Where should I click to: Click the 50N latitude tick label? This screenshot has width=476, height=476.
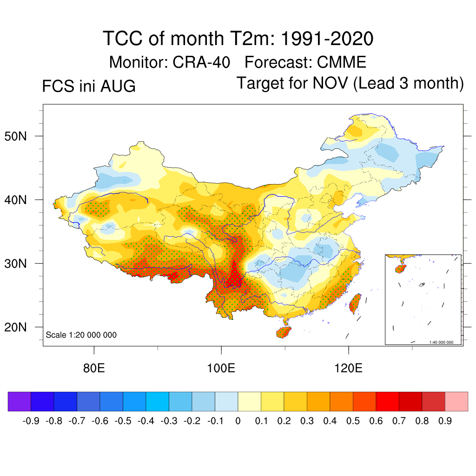pos(15,136)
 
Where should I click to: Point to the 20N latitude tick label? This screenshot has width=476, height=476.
pos(15,327)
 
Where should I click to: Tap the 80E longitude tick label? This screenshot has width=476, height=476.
pos(94,368)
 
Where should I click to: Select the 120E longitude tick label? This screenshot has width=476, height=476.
pos(348,368)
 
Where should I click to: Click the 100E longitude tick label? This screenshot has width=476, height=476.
pos(221,368)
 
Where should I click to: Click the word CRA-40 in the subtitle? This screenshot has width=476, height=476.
pos(201,62)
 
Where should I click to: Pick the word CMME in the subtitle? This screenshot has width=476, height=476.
pos(342,62)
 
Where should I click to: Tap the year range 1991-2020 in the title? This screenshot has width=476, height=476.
pos(327,39)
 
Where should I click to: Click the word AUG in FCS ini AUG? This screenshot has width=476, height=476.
pos(118,86)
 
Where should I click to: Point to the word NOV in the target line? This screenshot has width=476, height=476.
pos(331,83)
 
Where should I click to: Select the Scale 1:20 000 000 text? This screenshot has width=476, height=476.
pos(81,335)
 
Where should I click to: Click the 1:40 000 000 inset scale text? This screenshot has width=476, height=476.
pos(441,343)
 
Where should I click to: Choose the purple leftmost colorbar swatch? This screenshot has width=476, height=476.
pos(20,401)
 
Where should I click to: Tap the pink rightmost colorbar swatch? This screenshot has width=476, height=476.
pos(456,401)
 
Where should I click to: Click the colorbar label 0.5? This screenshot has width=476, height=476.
pos(353,421)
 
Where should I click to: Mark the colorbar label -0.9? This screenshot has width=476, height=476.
pos(31,421)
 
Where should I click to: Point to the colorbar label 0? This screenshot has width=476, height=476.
pos(238,421)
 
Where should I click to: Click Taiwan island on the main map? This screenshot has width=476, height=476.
pos(355,304)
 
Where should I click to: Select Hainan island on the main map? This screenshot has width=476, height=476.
pos(284,332)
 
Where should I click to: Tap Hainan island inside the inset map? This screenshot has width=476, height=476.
pos(400,269)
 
